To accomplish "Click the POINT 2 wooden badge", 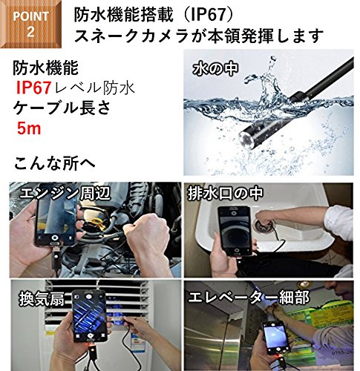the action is coord(30,24).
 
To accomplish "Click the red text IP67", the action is coord(34,88).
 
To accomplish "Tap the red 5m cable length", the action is coord(29,128).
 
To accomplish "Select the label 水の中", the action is coord(215,68).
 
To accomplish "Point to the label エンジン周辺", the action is coord(65,193).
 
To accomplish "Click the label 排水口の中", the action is coord(226,193).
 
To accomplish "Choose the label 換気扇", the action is coord(42,298).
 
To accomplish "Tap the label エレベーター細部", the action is coord(249,297).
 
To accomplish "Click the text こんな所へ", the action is coord(55,163).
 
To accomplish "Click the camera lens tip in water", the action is coord(248,140).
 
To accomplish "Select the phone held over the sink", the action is coord(235,231).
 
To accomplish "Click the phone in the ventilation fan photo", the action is coord(90,316).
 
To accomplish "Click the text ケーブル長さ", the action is coord(62,108).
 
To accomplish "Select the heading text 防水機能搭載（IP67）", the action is coord(154,15).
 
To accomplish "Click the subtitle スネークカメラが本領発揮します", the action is coord(199,36).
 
